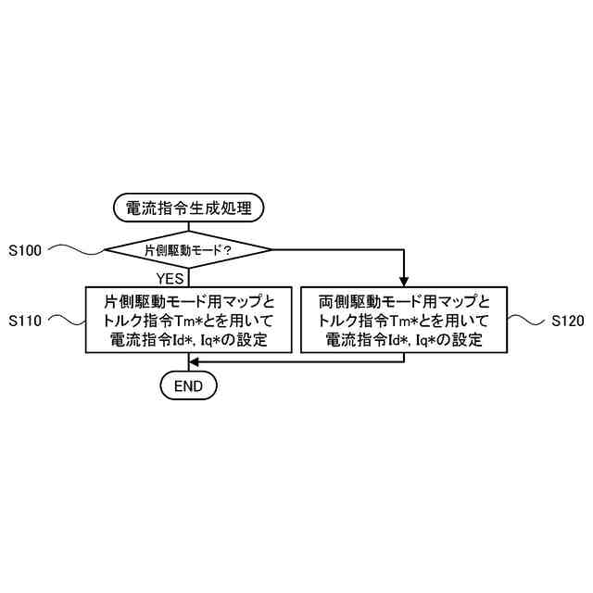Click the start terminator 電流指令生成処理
click(188, 208)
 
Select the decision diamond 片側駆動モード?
click(188, 250)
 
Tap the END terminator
click(188, 384)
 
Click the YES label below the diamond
click(170, 276)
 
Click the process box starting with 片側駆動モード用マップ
click(188, 321)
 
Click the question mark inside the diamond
click(226, 251)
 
